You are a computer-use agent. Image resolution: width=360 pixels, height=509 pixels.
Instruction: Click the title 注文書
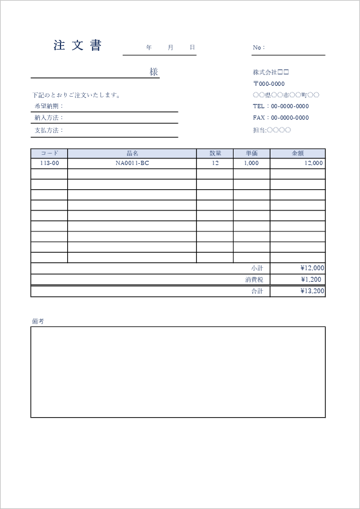[x=77, y=45]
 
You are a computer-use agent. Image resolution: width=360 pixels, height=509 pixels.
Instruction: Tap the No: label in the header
[x=258, y=47]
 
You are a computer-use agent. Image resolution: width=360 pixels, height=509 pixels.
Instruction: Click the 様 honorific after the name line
[x=154, y=72]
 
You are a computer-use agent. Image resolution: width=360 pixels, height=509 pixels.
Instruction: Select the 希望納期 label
[x=49, y=106]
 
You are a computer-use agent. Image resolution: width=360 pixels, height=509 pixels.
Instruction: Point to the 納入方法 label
[x=49, y=118]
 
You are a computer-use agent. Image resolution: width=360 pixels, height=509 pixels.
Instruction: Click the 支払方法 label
[x=49, y=130]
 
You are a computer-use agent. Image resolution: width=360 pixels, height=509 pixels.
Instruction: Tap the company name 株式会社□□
[x=271, y=72]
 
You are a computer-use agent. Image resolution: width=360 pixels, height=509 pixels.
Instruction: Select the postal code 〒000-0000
[x=269, y=83]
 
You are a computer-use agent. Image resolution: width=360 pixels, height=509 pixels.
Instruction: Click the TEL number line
[x=281, y=106]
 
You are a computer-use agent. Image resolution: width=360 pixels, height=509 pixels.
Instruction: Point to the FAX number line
[x=281, y=117]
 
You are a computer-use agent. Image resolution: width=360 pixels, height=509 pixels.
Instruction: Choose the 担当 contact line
[x=272, y=129]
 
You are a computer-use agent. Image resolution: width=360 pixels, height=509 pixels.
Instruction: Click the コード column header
[x=49, y=154]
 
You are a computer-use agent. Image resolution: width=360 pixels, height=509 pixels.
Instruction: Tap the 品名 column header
[x=132, y=154]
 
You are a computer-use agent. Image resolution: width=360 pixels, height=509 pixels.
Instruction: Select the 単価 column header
[x=252, y=154]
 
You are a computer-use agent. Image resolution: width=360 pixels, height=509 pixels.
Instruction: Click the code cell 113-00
[x=49, y=163]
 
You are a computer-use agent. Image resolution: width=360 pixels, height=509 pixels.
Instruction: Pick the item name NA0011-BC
[x=132, y=163]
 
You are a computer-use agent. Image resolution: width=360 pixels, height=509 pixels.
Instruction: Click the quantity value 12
[x=215, y=163]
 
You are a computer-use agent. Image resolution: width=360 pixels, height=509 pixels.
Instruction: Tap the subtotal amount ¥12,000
[x=312, y=268]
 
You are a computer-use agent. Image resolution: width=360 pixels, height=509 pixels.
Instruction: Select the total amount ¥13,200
[x=312, y=291]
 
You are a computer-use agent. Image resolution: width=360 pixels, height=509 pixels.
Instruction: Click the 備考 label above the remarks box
[x=38, y=321]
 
